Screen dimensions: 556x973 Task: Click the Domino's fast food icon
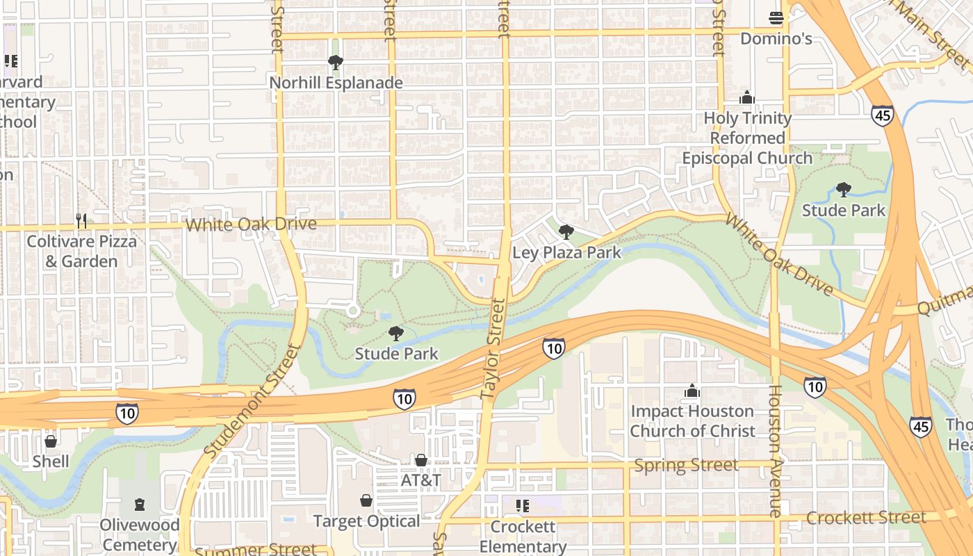(776, 18)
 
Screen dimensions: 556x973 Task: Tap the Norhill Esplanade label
(336, 83)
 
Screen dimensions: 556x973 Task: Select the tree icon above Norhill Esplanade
(336, 63)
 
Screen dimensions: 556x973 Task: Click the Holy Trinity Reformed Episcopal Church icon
(747, 97)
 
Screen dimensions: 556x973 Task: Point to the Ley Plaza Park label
(566, 252)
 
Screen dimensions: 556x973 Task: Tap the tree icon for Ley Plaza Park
(566, 232)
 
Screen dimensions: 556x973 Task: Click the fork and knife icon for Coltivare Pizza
(81, 221)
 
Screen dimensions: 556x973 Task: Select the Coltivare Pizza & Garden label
(81, 252)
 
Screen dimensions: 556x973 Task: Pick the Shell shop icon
(51, 441)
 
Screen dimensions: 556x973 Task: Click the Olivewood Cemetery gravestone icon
(140, 505)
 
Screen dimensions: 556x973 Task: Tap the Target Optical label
(366, 521)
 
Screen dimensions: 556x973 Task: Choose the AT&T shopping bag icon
(420, 460)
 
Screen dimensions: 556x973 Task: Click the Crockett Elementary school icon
(523, 506)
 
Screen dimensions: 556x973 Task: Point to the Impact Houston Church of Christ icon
(692, 391)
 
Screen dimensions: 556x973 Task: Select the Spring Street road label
(686, 465)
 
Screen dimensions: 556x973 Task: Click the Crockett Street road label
(866, 518)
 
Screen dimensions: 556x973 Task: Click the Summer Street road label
(255, 550)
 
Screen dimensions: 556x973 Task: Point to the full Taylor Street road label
(491, 350)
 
